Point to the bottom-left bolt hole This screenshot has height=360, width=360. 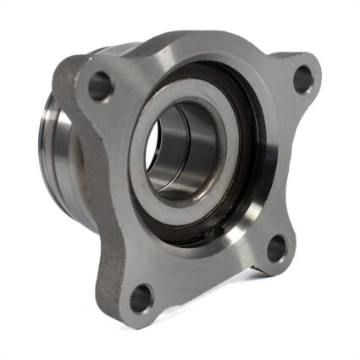pyautogui.click(x=141, y=297)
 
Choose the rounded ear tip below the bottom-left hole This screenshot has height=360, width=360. pyautogui.click(x=136, y=318)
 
